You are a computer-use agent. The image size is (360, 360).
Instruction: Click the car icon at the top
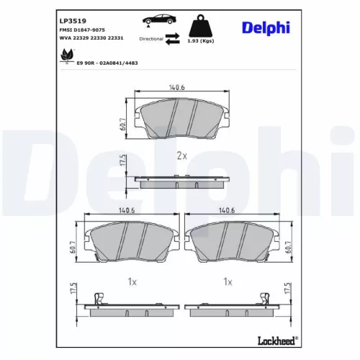tap(160, 18)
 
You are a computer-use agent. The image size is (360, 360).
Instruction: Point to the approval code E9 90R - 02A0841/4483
tap(107, 63)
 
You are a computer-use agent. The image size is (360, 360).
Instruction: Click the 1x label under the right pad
tap(228, 281)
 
